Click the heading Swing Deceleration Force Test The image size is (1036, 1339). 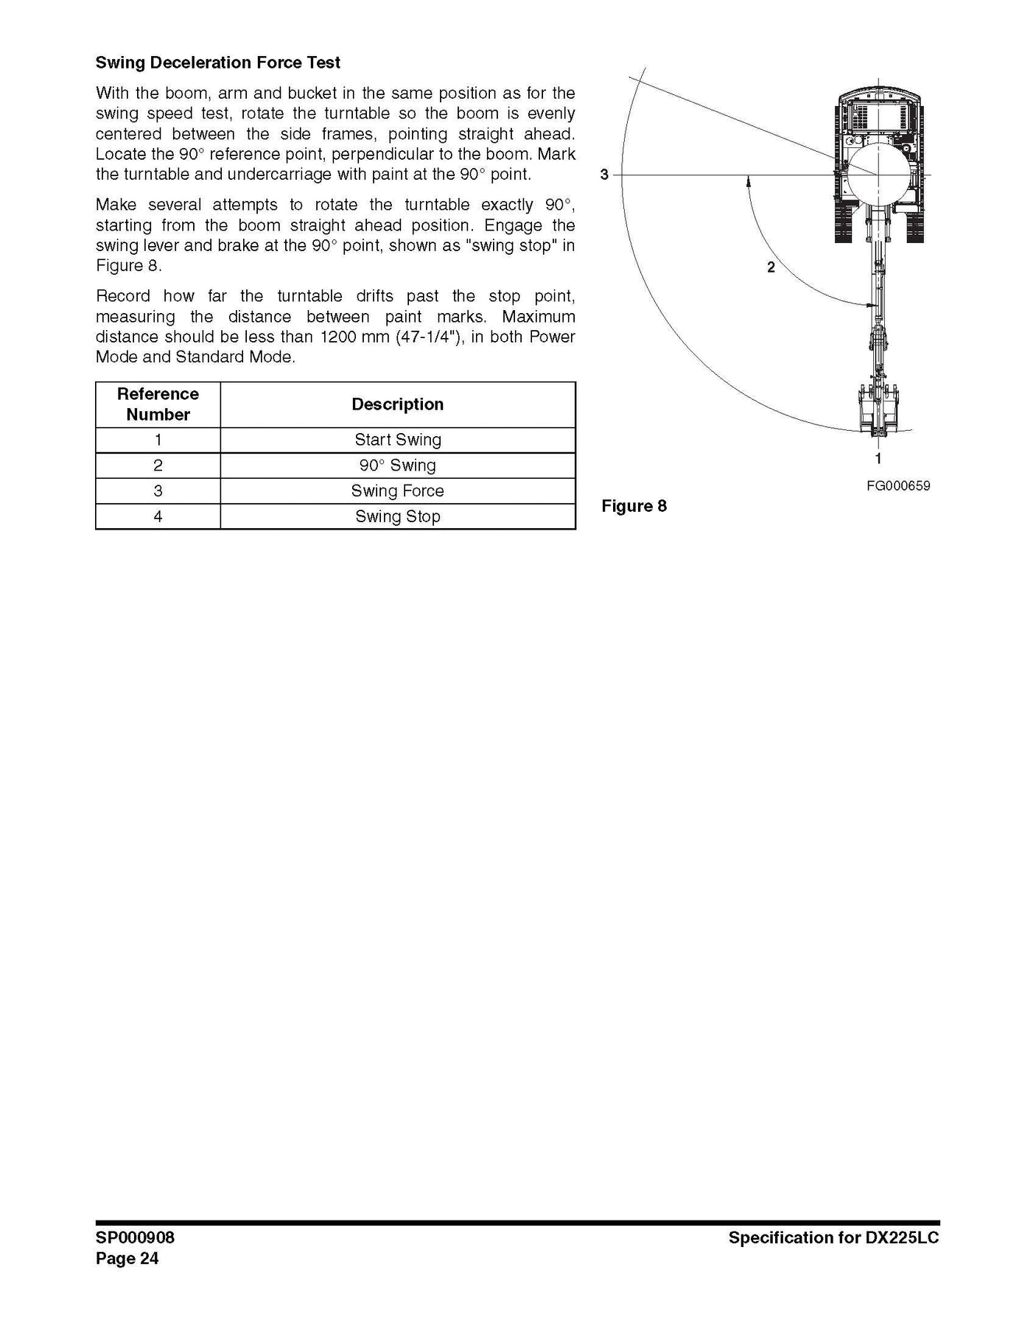pos(217,63)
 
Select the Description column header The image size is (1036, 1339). pos(397,404)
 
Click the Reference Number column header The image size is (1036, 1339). pos(158,404)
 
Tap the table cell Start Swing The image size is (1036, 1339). pos(397,440)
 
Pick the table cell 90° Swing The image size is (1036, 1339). pos(397,465)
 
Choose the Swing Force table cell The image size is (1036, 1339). pos(397,491)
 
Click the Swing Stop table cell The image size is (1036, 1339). pos(397,516)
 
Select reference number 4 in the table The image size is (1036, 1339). pos(158,516)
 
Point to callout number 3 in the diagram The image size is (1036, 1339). pos(604,175)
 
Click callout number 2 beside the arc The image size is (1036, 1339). pos(771,267)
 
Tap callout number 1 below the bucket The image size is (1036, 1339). pos(878,458)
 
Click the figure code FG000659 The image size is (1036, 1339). pos(898,485)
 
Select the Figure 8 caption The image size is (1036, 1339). pos(634,506)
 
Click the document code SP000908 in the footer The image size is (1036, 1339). pos(135,1237)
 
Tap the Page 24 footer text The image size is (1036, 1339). pos(127,1258)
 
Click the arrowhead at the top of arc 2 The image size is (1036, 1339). pos(748,180)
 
